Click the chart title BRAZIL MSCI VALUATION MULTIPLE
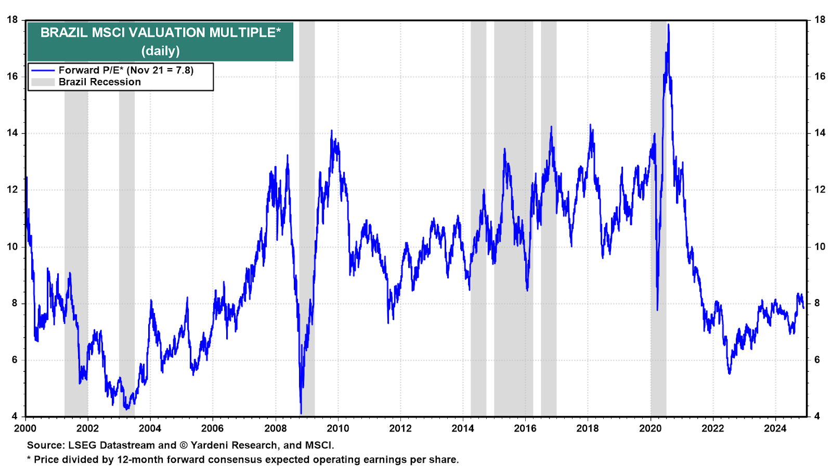click(161, 33)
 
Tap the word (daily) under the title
click(161, 50)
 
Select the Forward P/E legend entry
click(112, 70)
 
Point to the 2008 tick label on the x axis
click(275, 428)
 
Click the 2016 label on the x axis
click(525, 428)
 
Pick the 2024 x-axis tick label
click(775, 428)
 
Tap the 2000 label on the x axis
click(25, 428)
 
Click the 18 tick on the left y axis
click(12, 20)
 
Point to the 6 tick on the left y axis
click(15, 360)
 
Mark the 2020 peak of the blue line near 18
click(669, 24)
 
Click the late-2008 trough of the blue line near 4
click(301, 413)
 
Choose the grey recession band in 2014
click(478, 218)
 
